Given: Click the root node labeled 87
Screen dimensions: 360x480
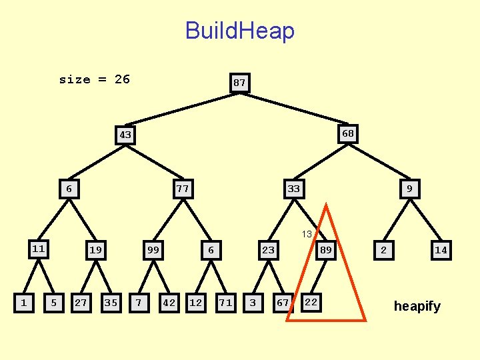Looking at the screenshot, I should click(239, 83).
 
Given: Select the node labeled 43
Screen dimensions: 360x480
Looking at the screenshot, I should click(125, 135).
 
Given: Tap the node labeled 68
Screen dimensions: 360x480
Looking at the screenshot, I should click(348, 133).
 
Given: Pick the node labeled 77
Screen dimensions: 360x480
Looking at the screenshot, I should click(183, 189).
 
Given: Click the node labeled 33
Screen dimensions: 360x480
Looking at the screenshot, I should click(293, 189).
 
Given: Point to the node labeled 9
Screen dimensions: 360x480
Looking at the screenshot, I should click(409, 189).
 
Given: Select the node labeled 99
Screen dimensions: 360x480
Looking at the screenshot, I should click(153, 251).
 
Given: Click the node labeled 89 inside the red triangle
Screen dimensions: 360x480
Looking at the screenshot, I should click(326, 251).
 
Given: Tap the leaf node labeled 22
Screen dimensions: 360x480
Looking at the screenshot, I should click(311, 303).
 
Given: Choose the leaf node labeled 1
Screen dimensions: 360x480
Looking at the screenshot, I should click(24, 303).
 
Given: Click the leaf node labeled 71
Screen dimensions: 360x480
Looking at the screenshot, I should click(226, 303).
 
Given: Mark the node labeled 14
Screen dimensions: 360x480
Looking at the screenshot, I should click(441, 251).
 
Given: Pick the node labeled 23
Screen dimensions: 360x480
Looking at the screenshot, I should click(268, 251).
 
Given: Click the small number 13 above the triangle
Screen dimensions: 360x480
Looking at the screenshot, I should click(307, 234).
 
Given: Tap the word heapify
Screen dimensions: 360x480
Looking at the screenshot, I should click(417, 307).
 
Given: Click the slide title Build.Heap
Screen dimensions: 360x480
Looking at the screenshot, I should click(239, 31).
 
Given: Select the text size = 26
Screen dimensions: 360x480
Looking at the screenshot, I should click(94, 79).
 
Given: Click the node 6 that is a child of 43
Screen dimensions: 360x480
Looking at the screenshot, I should click(69, 189).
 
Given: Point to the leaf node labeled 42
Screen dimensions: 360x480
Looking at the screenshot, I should click(169, 303).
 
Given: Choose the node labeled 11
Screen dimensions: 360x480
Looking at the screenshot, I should click(39, 249).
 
